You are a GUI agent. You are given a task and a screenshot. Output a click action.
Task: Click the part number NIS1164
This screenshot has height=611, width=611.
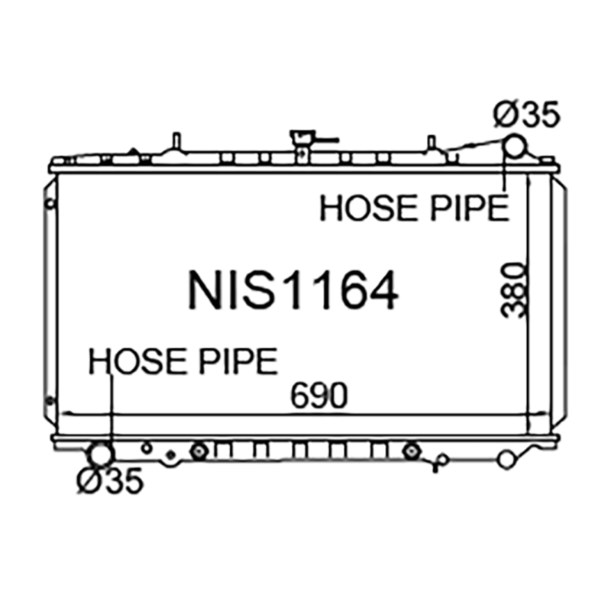[x=293, y=290]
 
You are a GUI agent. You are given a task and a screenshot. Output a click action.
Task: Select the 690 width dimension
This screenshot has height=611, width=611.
[x=318, y=396]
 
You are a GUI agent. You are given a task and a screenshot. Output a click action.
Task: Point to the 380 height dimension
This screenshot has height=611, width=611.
[x=513, y=290]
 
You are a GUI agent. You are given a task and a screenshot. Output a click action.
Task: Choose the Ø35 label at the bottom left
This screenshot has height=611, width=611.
[x=110, y=480]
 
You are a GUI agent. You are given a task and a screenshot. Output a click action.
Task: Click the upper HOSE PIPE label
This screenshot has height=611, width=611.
[x=414, y=209]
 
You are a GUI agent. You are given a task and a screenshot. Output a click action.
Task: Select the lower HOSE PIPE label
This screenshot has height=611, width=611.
[x=183, y=361]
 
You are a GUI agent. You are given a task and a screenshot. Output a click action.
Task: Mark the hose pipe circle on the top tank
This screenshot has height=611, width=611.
[x=514, y=146]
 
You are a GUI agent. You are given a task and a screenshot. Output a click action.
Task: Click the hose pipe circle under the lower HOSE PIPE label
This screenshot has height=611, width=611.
[x=102, y=454]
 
